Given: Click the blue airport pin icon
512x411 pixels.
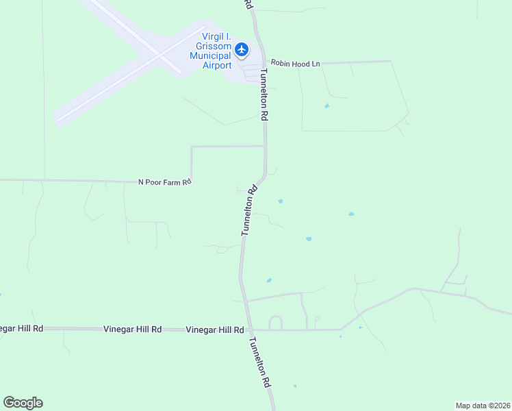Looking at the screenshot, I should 241,49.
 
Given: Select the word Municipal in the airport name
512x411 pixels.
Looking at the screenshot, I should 212,56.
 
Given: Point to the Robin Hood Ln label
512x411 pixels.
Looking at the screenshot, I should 295,63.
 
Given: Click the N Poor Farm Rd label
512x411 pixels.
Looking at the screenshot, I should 164,182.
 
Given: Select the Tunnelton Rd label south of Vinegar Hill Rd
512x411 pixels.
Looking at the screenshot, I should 261,364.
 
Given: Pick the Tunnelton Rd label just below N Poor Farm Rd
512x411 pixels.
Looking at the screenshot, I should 248,210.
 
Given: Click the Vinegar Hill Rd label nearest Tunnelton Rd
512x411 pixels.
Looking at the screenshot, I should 215,329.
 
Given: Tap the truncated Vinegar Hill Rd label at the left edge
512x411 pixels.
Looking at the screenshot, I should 21,329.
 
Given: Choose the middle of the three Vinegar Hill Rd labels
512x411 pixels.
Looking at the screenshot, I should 132,329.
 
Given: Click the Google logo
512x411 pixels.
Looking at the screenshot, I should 23,403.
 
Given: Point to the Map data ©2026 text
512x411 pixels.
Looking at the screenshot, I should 483,406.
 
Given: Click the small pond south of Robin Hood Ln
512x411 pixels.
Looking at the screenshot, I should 327,106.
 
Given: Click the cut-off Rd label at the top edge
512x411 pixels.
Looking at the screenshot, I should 249,4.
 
